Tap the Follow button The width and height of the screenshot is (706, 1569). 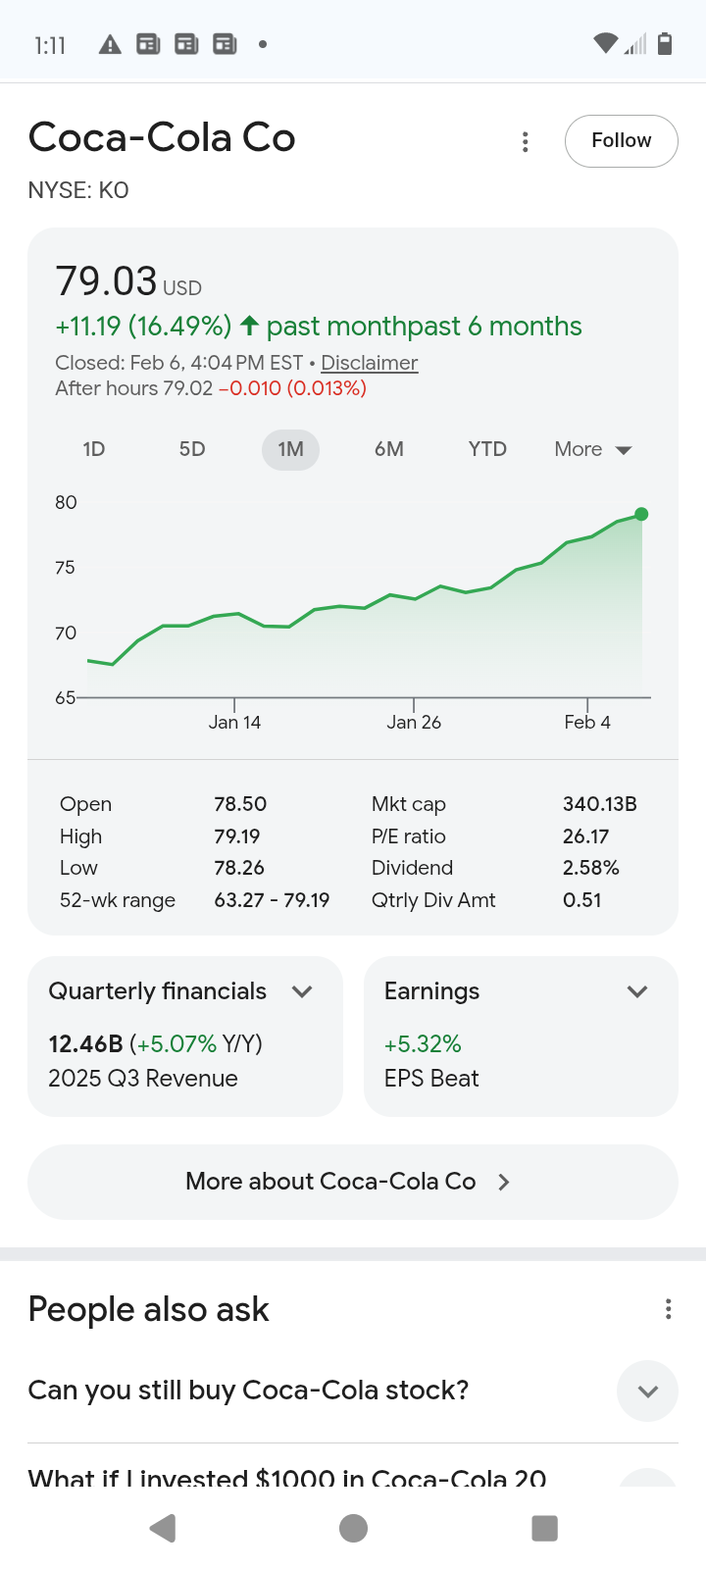click(621, 141)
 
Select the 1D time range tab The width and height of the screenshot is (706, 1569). click(94, 449)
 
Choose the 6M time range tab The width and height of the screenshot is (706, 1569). click(389, 449)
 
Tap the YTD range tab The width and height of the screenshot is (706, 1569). click(487, 449)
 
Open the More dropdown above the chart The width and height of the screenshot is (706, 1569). click(593, 449)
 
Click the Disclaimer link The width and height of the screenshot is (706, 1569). click(369, 363)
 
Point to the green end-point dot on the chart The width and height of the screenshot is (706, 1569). click(641, 514)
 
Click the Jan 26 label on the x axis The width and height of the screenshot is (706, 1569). click(414, 723)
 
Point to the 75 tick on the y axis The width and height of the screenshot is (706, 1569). click(66, 568)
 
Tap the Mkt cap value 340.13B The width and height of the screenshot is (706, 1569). click(599, 804)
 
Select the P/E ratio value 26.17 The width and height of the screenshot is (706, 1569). click(585, 836)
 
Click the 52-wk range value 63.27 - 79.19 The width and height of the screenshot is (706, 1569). click(272, 900)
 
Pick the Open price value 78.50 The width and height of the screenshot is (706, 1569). click(240, 804)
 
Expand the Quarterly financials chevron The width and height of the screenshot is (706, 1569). click(303, 991)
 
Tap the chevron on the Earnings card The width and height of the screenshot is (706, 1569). click(637, 991)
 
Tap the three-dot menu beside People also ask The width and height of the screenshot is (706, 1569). click(668, 1309)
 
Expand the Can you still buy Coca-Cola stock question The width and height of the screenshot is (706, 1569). click(647, 1391)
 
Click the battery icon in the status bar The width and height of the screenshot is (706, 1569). click(665, 44)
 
